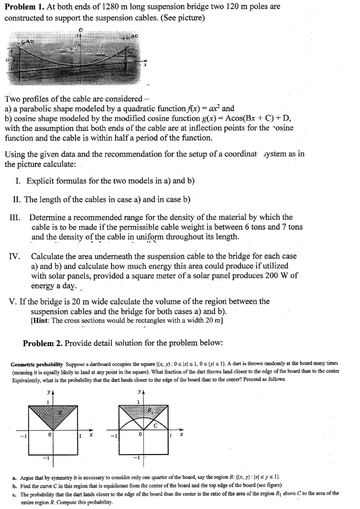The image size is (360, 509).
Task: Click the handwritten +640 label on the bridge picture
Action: [130, 37]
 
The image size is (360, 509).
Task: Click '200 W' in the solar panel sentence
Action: [278, 276]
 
